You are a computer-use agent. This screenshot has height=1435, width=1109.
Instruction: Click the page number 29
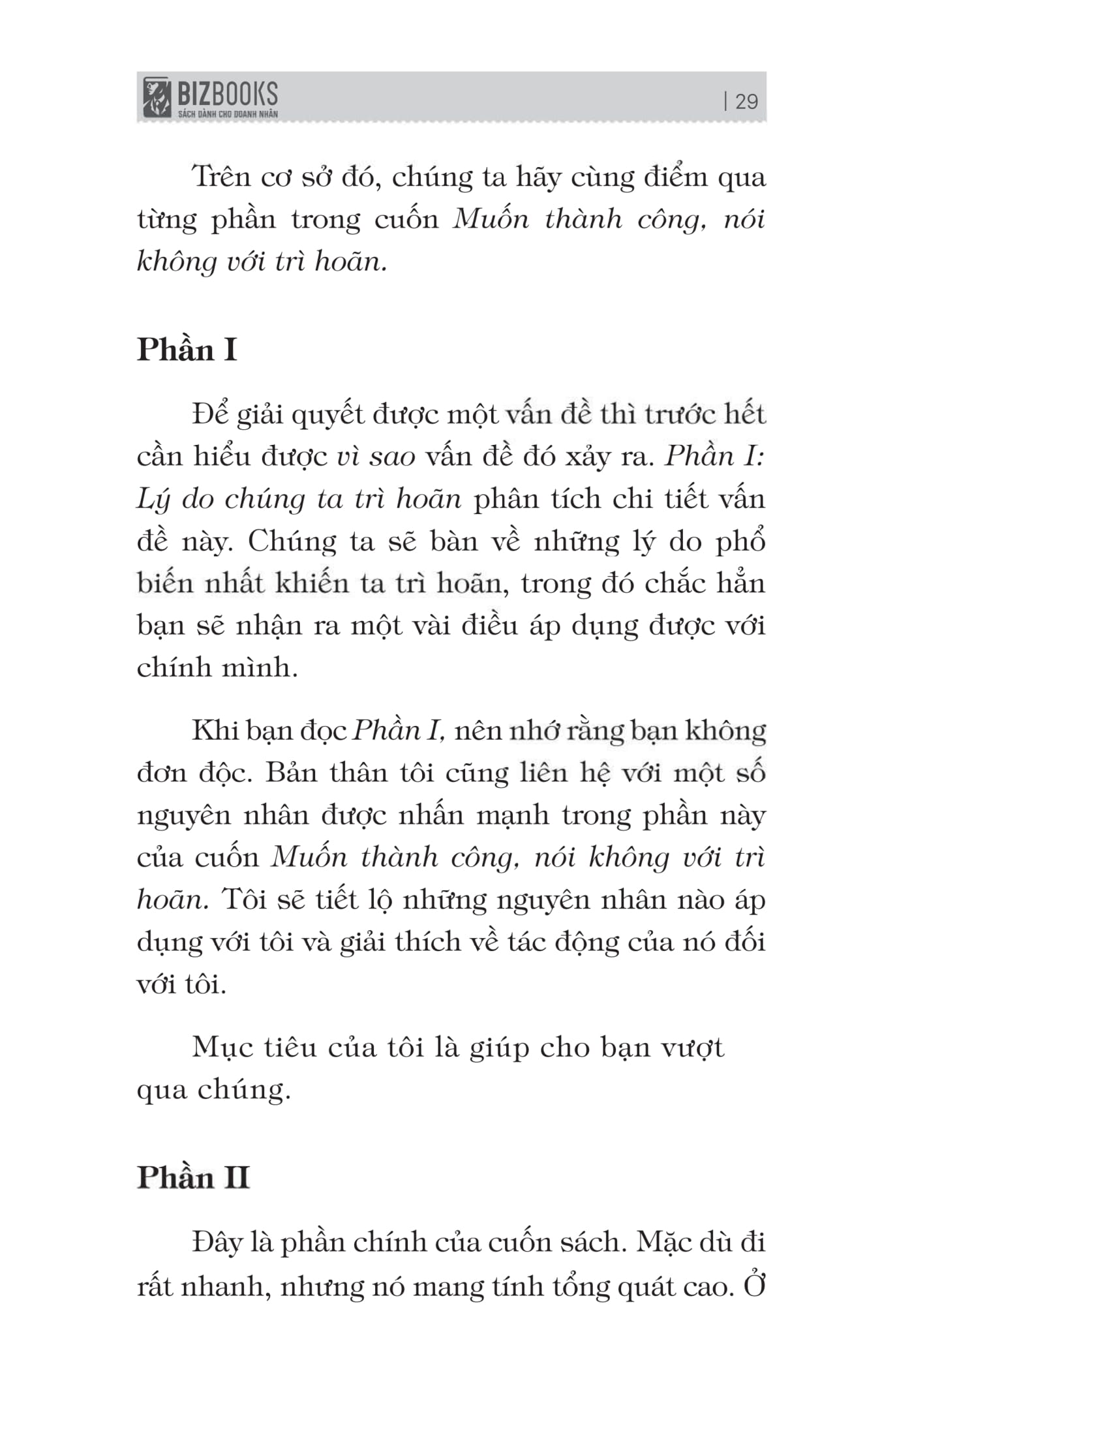click(746, 102)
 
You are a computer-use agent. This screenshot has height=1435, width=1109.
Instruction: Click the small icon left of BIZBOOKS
click(157, 97)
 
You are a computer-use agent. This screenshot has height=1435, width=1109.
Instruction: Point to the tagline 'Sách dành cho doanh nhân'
click(227, 114)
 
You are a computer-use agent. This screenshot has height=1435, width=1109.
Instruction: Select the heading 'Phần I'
click(187, 350)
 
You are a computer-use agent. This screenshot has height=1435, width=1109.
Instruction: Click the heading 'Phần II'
click(193, 1177)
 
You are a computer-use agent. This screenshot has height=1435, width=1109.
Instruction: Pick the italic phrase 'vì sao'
click(376, 456)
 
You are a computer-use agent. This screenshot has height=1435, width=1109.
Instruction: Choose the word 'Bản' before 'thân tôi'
click(292, 774)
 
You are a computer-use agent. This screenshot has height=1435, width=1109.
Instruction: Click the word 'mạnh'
click(513, 815)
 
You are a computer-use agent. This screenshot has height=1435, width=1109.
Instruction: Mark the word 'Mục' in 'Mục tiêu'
click(219, 1047)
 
